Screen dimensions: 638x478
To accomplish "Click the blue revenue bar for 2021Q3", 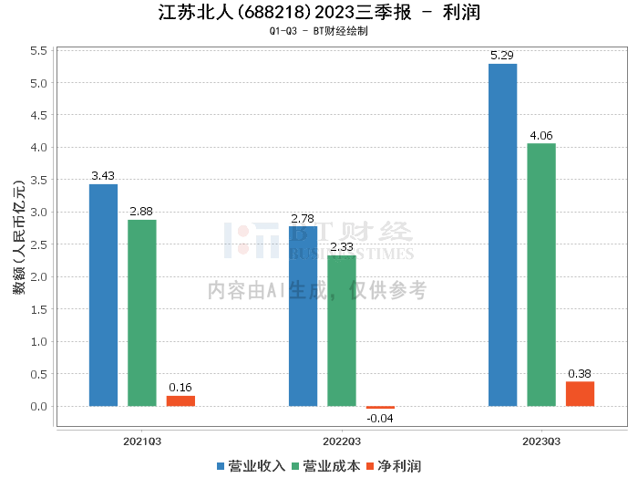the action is pyautogui.click(x=103, y=296).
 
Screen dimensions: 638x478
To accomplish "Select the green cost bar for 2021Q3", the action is pyautogui.click(x=142, y=313).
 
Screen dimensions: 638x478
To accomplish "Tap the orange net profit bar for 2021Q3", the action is pyautogui.click(x=180, y=401).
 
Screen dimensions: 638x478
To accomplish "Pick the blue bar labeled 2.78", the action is pyautogui.click(x=304, y=317).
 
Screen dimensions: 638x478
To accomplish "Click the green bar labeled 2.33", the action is pyautogui.click(x=342, y=330).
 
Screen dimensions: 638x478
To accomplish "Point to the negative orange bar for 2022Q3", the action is pyautogui.click(x=380, y=408).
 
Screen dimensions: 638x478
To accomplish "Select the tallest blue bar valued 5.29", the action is pyautogui.click(x=503, y=235).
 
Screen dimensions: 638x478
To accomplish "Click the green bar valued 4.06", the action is pyautogui.click(x=541, y=275).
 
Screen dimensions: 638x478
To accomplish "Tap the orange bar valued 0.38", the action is pyautogui.click(x=581, y=394).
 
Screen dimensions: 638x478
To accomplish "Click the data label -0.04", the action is pyautogui.click(x=380, y=418).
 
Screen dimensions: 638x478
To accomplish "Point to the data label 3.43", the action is pyautogui.click(x=103, y=175).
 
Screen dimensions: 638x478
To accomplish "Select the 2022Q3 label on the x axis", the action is pyautogui.click(x=342, y=442).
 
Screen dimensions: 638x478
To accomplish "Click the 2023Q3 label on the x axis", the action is pyautogui.click(x=541, y=442).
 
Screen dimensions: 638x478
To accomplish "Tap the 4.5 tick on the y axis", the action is pyautogui.click(x=38, y=115).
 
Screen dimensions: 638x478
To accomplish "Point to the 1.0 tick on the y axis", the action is pyautogui.click(x=38, y=341).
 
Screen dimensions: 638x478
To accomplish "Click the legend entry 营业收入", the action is pyautogui.click(x=251, y=466).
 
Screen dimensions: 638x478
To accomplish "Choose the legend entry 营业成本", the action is pyautogui.click(x=326, y=466).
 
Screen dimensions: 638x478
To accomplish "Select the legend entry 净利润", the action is pyautogui.click(x=394, y=466).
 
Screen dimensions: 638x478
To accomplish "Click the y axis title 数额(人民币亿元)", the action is pyautogui.click(x=19, y=237).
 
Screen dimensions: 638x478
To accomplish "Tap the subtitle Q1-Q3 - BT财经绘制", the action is pyautogui.click(x=319, y=31).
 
